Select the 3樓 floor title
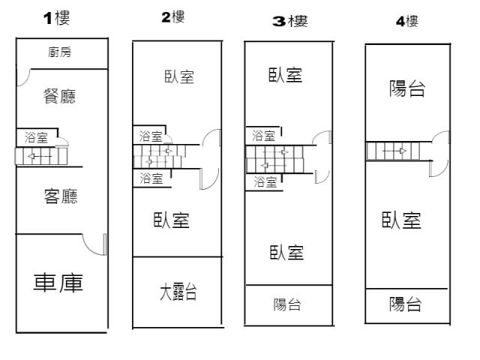pos(289,22)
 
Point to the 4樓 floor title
pos(407,22)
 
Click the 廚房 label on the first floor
pos(59,52)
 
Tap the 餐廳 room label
pos(60,96)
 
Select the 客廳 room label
pos(61,196)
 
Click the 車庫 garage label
pos(58,283)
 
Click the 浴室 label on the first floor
pos(36,137)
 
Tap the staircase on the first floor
pos(41,156)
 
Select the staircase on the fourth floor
pos(392,151)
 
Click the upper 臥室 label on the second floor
pos(178,76)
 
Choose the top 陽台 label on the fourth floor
pos(407,89)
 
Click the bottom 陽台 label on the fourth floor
pos(405,304)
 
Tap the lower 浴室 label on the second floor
pos(151,178)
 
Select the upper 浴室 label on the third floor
pos(263,136)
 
